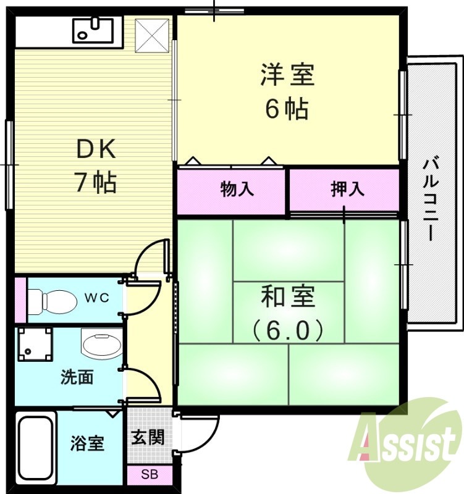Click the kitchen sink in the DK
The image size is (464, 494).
(93, 30)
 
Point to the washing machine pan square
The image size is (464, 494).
(35, 344)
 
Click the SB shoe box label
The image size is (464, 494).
(149, 475)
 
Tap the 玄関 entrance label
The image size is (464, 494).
(148, 437)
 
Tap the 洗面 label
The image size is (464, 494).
(77, 378)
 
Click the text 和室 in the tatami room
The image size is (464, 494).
(288, 298)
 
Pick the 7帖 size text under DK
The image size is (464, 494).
(96, 182)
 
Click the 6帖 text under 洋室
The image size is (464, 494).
(287, 109)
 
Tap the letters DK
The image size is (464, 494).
(96, 148)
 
